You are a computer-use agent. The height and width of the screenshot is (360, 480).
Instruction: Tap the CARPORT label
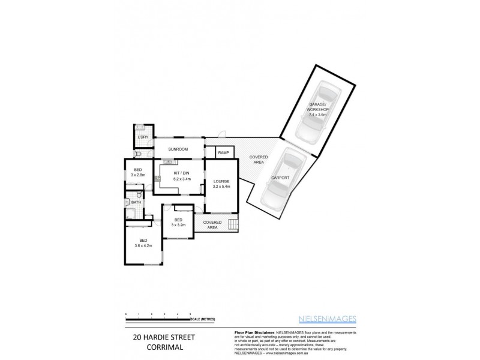(x=280, y=178)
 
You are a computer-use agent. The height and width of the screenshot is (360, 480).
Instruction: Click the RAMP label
(x=223, y=153)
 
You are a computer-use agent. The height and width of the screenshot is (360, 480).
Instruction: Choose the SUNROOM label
(x=178, y=149)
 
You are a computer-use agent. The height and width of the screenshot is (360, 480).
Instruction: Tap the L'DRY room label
(x=143, y=137)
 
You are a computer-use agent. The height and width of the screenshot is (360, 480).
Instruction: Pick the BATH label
(x=136, y=203)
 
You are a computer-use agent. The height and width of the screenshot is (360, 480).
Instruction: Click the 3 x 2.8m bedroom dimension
(x=138, y=175)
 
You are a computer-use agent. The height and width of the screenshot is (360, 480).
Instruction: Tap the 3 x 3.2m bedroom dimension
(x=178, y=225)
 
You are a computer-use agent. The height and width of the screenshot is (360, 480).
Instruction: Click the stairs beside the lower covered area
(x=232, y=226)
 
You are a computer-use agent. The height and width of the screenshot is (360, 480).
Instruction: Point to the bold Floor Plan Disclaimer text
(x=252, y=332)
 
